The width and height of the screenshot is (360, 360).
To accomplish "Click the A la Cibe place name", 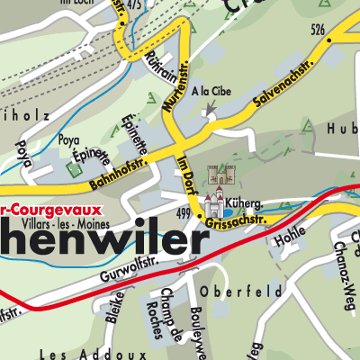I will click(x=211, y=93).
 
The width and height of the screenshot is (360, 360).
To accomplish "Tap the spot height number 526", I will click(x=316, y=30).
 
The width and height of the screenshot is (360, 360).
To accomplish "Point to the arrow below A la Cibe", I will click(x=211, y=110).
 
